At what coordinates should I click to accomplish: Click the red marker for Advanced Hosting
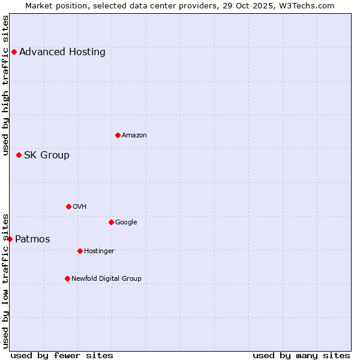tap(14, 52)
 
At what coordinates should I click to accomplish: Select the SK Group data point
tap(19, 155)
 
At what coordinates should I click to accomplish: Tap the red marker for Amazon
tap(118, 135)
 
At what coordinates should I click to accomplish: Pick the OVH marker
tap(68, 206)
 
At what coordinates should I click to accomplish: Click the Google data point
tap(111, 222)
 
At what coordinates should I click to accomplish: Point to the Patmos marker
tap(10, 239)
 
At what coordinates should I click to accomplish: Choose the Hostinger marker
tap(80, 251)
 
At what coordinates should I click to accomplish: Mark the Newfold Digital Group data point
tap(67, 278)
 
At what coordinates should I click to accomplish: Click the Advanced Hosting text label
tap(62, 52)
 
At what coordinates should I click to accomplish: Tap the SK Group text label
tap(47, 155)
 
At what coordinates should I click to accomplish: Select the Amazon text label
tap(134, 135)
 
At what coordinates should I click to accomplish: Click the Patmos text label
tap(32, 239)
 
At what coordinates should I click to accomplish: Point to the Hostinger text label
tap(99, 251)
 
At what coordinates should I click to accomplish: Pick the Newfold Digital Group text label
tap(106, 278)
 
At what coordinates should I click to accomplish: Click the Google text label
tap(126, 222)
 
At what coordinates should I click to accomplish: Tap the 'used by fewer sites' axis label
tap(62, 355)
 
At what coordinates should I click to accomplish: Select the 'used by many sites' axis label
tap(301, 355)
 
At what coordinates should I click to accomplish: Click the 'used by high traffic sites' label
tap(5, 85)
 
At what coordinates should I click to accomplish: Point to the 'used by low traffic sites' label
tap(5, 280)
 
